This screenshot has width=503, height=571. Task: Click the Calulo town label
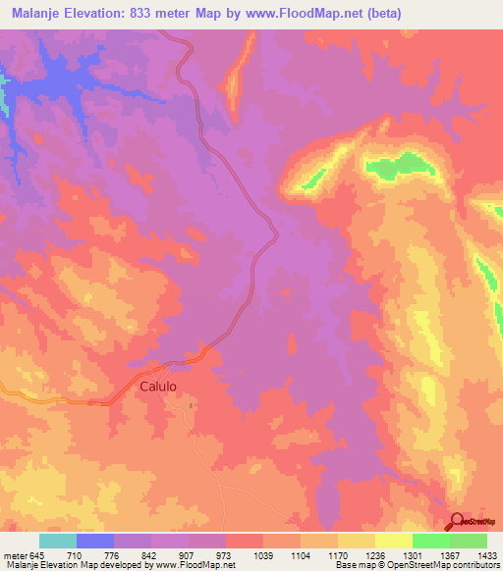coord(157,387)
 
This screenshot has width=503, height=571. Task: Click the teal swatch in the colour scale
coord(58,541)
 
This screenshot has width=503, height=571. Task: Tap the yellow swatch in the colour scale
coord(393,541)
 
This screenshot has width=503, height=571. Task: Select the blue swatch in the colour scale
coord(95,541)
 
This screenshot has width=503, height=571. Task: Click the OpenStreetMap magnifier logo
coord(457,521)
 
